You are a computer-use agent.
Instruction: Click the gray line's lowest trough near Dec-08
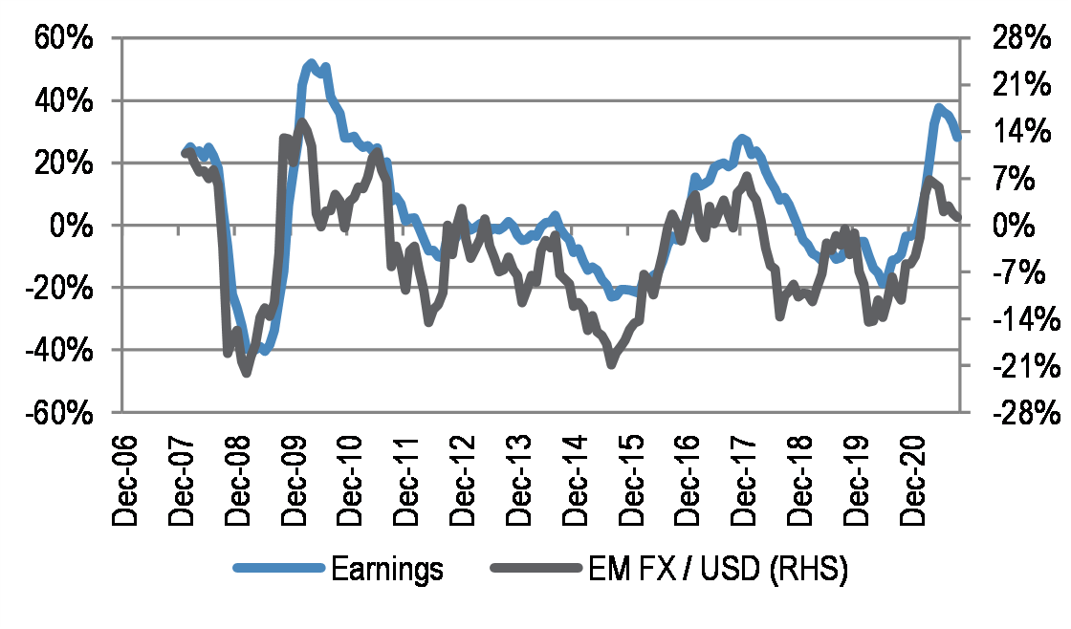[x=246, y=372]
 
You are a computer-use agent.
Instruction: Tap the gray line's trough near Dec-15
[x=610, y=363]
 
